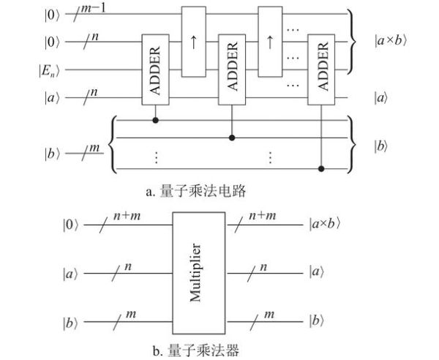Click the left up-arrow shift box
[194, 42]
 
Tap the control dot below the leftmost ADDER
[154, 116]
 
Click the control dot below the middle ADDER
[233, 135]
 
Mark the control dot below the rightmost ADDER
[324, 169]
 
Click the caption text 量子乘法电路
[198, 192]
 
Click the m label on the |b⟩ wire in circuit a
[92, 149]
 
